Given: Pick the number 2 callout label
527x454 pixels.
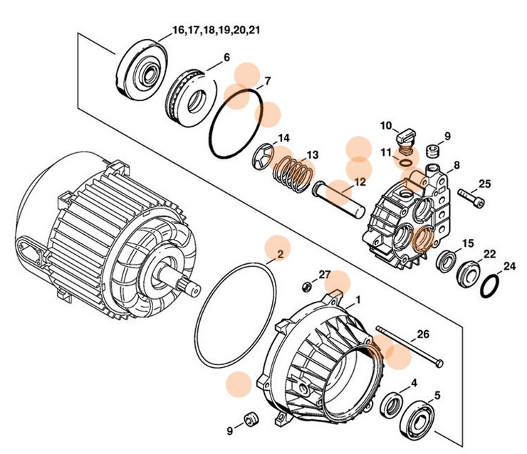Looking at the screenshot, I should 280,253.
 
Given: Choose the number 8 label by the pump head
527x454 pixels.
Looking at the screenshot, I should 456,165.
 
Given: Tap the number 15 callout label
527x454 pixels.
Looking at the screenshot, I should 467,243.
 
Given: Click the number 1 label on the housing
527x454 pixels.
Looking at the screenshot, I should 358,300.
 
